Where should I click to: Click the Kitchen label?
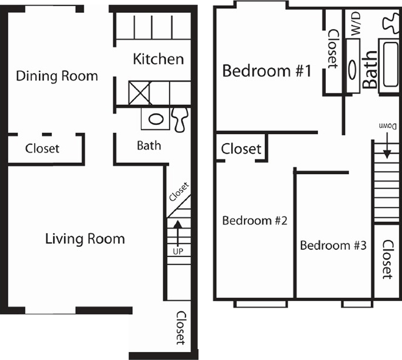(x=159, y=59)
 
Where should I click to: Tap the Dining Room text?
(x=57, y=76)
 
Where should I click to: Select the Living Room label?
(x=85, y=239)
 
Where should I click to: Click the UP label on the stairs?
(x=178, y=251)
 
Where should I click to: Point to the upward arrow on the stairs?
(x=178, y=233)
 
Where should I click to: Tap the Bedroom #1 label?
(x=267, y=71)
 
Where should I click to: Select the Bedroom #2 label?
(x=255, y=221)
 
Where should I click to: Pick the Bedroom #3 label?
(x=334, y=245)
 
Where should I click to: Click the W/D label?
(x=355, y=24)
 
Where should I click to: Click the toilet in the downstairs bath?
(x=180, y=120)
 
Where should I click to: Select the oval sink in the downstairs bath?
(x=156, y=119)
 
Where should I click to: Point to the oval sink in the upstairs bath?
(x=353, y=70)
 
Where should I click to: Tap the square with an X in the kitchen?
(x=139, y=93)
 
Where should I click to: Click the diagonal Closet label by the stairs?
(x=179, y=192)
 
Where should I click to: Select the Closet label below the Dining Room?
(x=42, y=149)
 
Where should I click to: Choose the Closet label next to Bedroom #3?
(x=388, y=260)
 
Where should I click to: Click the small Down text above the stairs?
(x=388, y=126)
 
